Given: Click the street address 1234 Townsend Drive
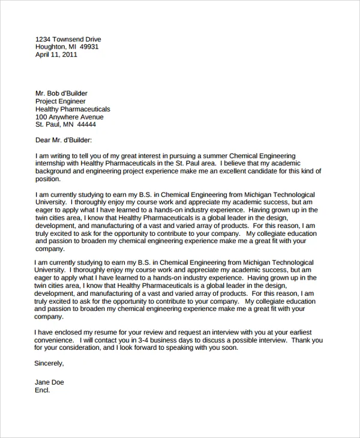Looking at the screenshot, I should [69, 38].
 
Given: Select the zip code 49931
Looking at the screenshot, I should [89, 46].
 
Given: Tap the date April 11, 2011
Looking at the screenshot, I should [56, 54].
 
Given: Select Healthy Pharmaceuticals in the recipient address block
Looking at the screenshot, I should [73, 109].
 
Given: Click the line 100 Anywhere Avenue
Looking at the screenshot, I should [69, 117].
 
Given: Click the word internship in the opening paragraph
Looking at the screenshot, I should [52, 163].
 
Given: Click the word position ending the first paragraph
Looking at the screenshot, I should [48, 179].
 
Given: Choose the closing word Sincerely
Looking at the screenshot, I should [49, 363].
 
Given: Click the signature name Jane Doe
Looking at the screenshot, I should [49, 382].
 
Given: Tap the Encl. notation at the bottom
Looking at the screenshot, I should [43, 390].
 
